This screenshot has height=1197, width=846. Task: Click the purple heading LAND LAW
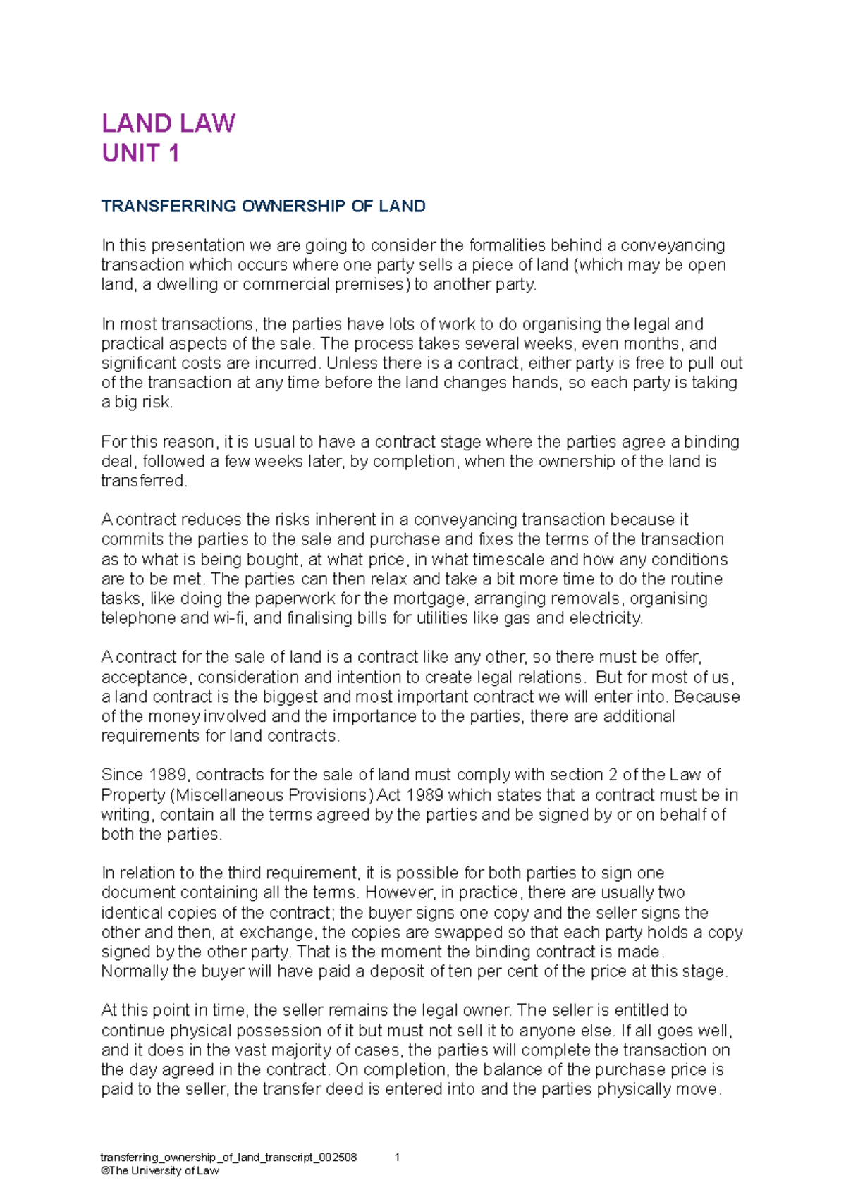168,123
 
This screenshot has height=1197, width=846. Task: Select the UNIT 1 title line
140,154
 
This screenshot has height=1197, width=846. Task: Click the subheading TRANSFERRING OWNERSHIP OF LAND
263,207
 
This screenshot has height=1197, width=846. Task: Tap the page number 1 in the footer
398,1158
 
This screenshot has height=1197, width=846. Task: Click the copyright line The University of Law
160,1171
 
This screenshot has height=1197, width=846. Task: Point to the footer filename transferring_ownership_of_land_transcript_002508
228,1158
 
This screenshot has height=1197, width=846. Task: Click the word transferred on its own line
144,481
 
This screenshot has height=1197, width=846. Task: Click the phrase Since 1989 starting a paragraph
144,775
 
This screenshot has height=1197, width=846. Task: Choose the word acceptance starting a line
144,677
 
